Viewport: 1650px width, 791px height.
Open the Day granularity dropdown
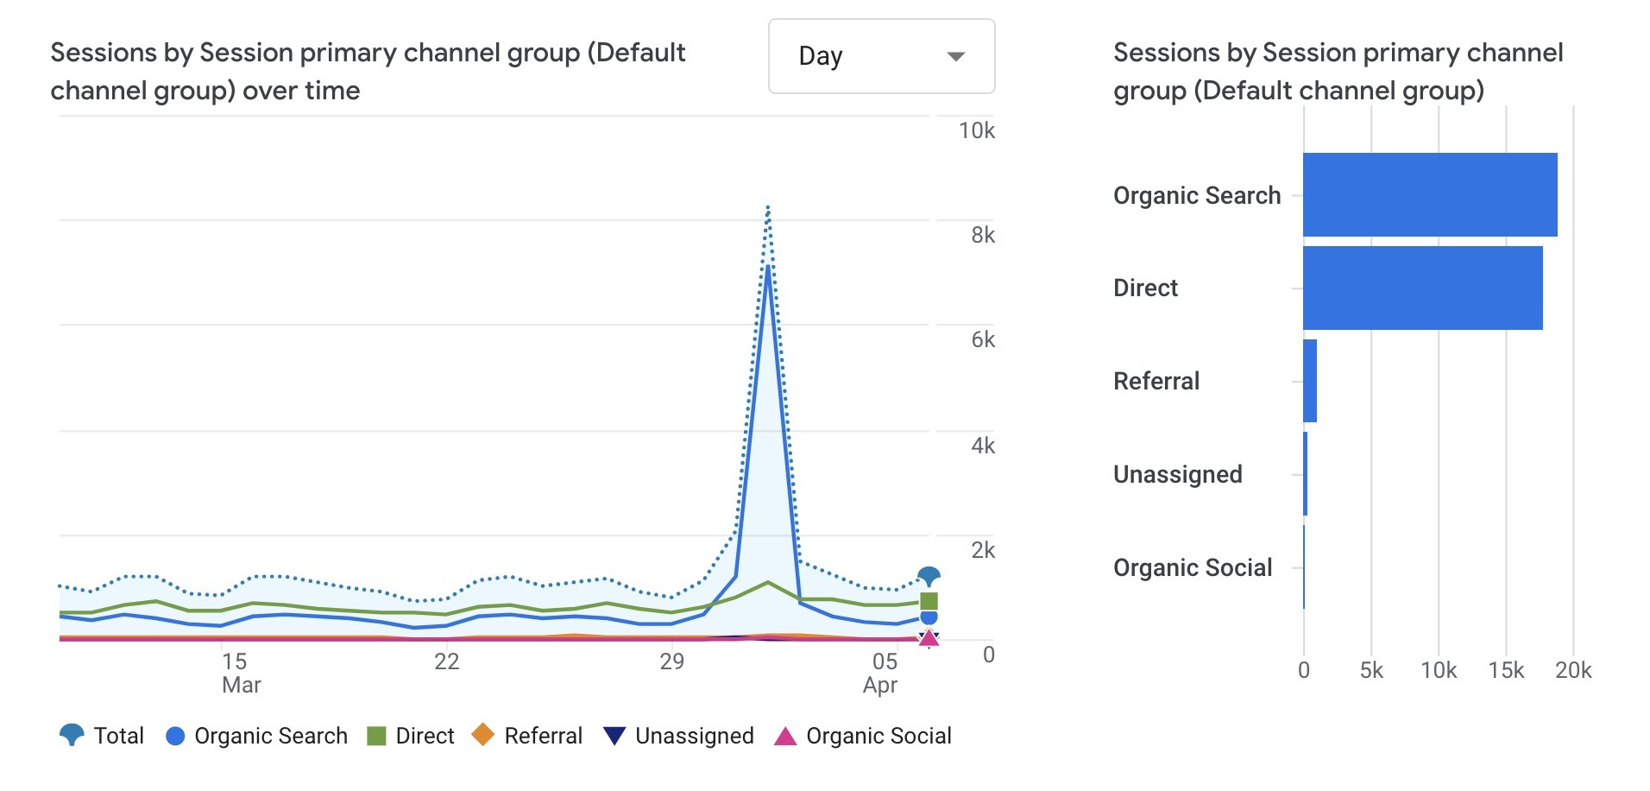point(881,56)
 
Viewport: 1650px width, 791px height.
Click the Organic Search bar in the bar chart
point(1429,195)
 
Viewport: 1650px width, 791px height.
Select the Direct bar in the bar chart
point(1422,288)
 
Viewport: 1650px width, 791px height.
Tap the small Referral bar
point(1310,381)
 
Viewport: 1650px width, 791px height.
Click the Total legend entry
point(102,736)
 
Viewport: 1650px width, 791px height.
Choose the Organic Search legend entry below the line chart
point(256,736)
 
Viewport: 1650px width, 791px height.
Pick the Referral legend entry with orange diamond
point(527,736)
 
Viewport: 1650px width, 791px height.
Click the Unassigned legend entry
point(679,736)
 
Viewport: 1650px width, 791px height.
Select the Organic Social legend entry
point(863,736)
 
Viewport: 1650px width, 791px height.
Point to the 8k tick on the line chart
point(982,235)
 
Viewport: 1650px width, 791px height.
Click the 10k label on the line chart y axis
point(976,130)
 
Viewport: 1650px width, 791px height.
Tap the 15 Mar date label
point(238,673)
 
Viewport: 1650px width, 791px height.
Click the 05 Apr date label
point(882,673)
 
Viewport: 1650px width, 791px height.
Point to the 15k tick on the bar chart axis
point(1506,670)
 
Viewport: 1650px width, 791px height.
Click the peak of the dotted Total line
point(768,208)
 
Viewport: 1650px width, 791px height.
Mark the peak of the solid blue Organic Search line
point(768,267)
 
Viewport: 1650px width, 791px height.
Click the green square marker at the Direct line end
point(929,601)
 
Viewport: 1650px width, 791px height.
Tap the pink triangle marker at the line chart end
point(929,638)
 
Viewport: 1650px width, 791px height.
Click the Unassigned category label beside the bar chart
point(1177,474)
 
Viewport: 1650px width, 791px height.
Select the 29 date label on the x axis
point(671,661)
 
